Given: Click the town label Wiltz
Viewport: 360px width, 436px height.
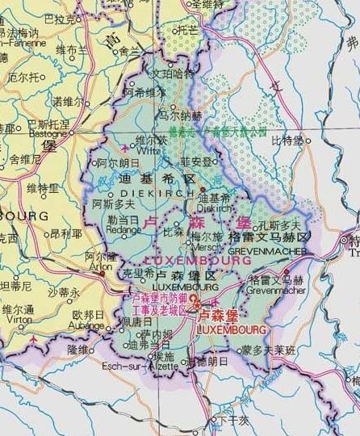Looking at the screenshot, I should pyautogui.click(x=150, y=149).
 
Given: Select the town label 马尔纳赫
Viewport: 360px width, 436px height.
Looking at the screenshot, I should pyautogui.click(x=182, y=115).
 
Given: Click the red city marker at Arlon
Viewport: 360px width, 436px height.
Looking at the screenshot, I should pyautogui.click(x=103, y=273).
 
